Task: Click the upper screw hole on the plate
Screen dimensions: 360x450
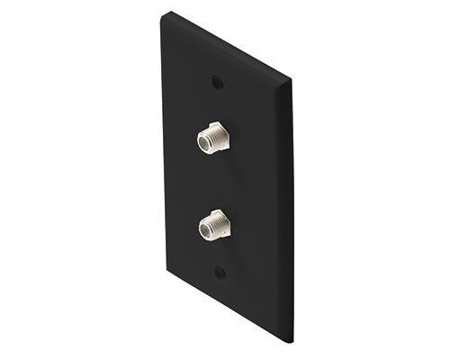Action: click(x=217, y=80)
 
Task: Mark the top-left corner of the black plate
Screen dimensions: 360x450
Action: click(x=162, y=13)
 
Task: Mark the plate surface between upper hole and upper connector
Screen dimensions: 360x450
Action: click(x=217, y=103)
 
